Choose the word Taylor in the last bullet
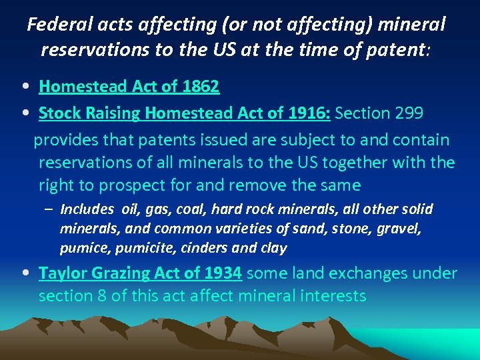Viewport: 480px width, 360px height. click(58, 273)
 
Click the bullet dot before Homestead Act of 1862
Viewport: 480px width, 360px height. click(24, 87)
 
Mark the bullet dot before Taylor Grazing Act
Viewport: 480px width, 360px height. click(24, 273)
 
